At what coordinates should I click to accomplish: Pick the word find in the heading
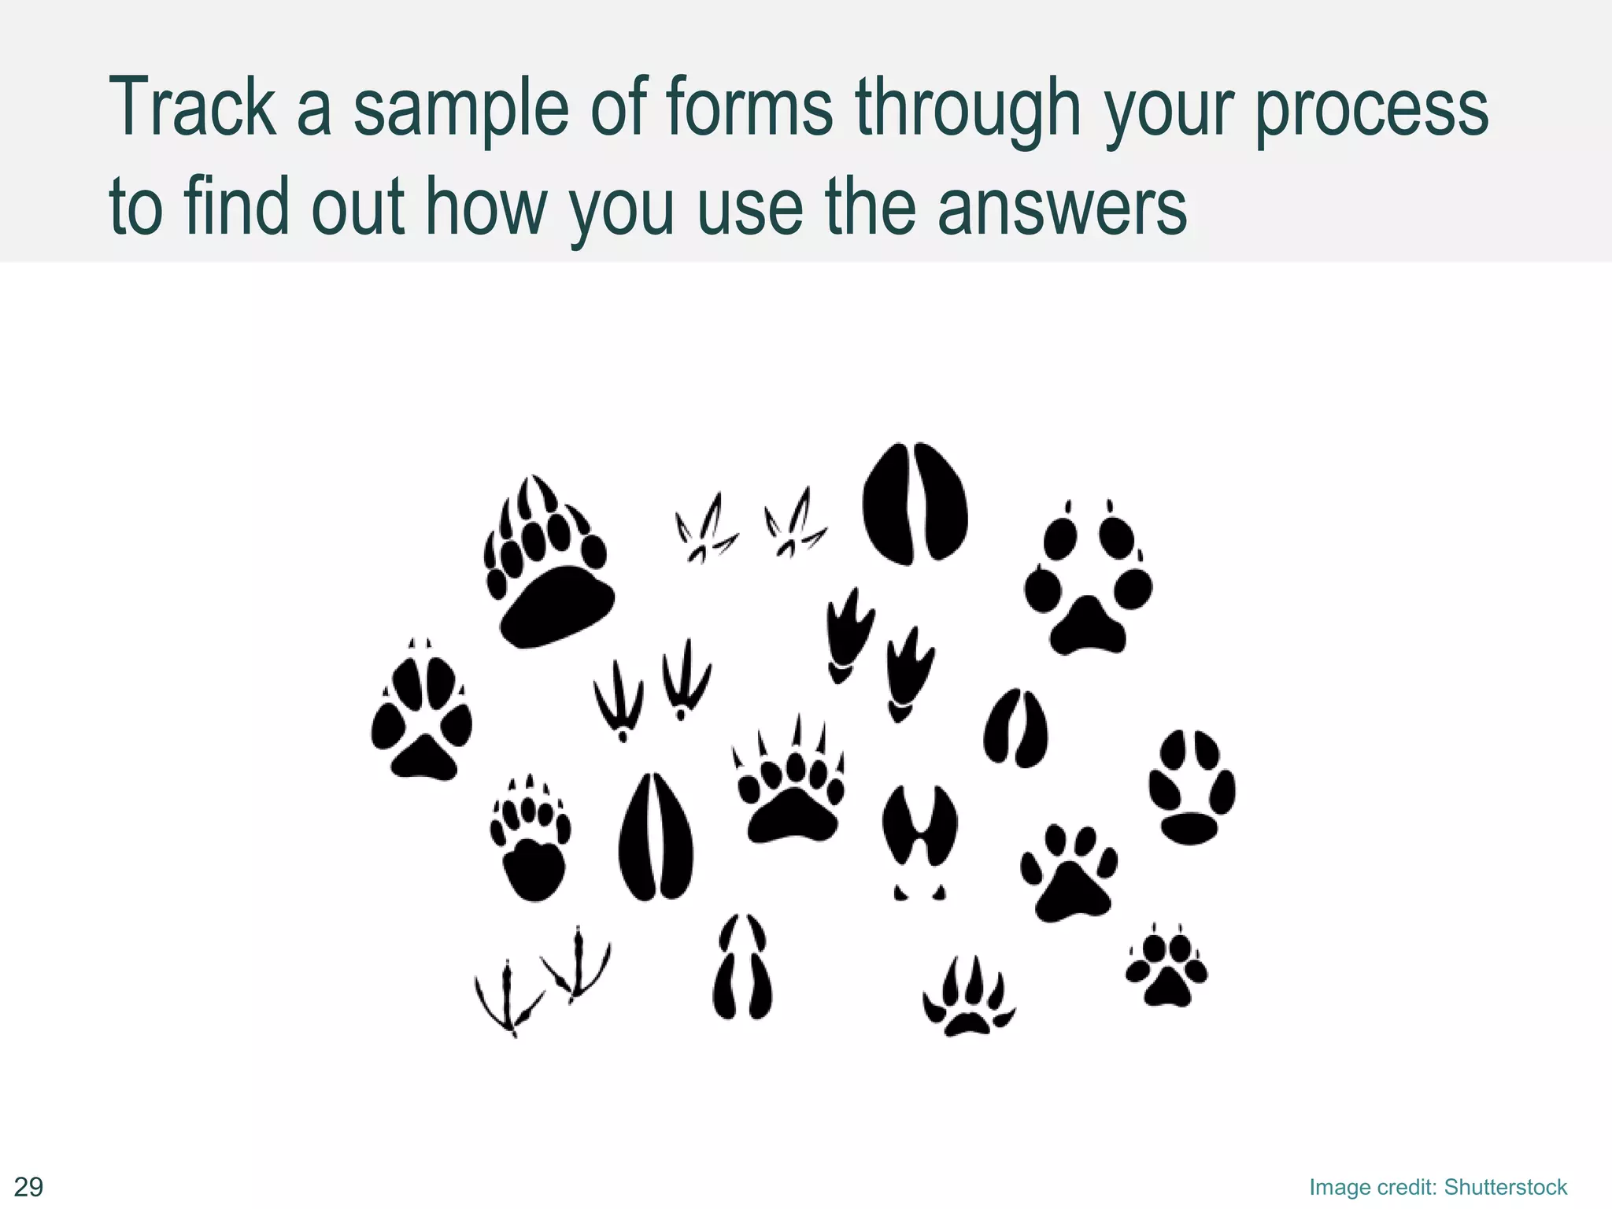click(x=236, y=206)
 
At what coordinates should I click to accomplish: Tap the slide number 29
click(x=29, y=1186)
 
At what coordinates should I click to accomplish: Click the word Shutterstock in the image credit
click(x=1505, y=1187)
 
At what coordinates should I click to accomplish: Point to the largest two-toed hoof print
click(x=915, y=504)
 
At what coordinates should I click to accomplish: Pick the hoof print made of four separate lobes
click(x=742, y=967)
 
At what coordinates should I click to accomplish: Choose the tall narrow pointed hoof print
click(x=656, y=837)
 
